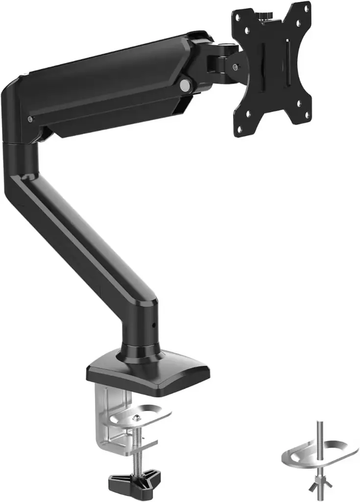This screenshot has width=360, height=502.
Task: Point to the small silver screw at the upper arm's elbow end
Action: coord(31,119)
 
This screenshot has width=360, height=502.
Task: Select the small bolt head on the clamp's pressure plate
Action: coord(138,418)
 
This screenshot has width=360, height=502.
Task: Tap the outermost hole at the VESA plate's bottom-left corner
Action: coord(240,129)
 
